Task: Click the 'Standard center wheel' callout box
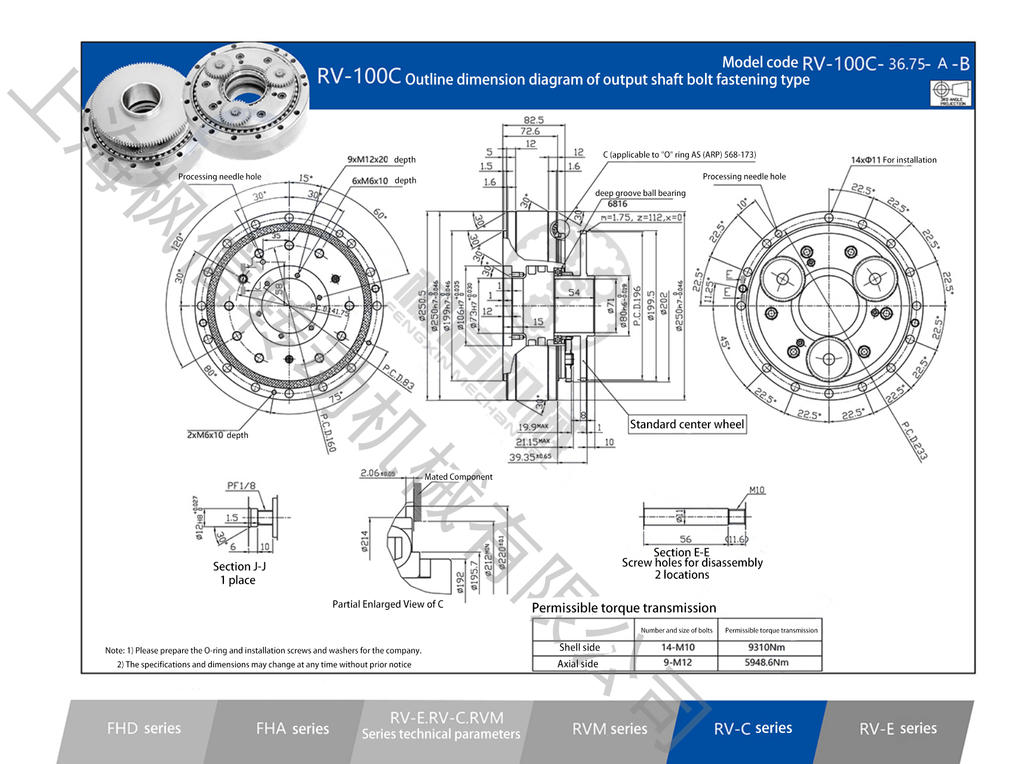click(x=687, y=424)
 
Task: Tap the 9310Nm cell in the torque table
click(x=766, y=648)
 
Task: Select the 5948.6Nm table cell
click(x=766, y=662)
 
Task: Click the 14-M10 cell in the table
click(x=678, y=648)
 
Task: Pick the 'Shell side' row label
click(x=579, y=648)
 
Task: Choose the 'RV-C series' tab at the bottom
click(x=753, y=728)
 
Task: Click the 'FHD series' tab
click(x=144, y=728)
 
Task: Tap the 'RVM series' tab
click(x=609, y=729)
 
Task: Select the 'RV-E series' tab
click(x=898, y=729)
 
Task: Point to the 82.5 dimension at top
click(x=533, y=120)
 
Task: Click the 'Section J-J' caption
click(x=239, y=566)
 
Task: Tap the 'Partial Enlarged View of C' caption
click(x=387, y=605)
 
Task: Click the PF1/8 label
click(x=241, y=486)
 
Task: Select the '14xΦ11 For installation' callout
click(x=894, y=160)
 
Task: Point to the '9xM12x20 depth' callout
click(x=381, y=159)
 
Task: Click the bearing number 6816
click(x=617, y=204)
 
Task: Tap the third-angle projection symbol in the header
click(x=950, y=93)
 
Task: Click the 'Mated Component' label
click(x=458, y=477)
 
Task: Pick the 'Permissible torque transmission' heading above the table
click(x=624, y=608)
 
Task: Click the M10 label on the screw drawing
click(x=756, y=490)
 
